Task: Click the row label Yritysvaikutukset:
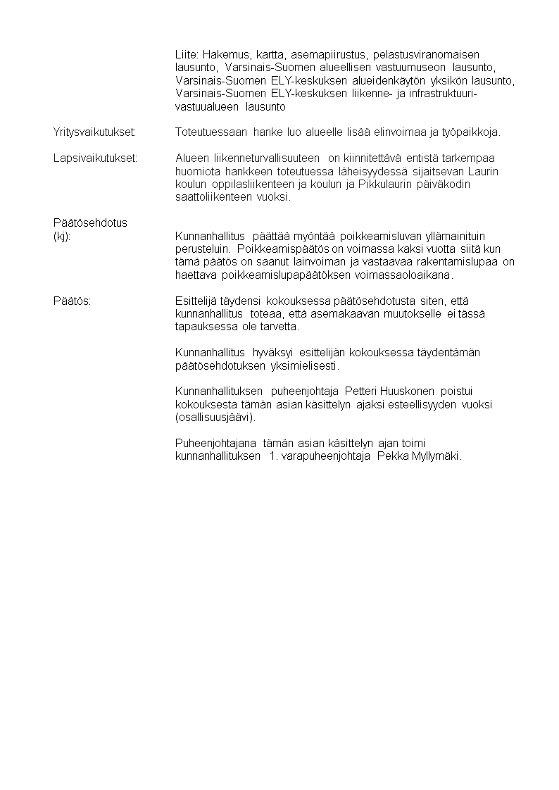tap(94, 132)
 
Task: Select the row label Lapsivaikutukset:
tap(94, 158)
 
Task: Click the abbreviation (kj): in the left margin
tap(62, 237)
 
